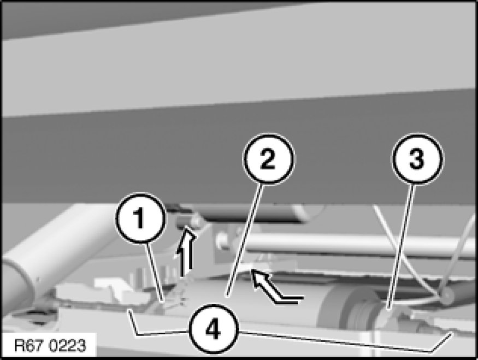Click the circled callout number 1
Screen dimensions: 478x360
pos(140,219)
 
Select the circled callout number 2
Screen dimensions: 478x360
pos(268,159)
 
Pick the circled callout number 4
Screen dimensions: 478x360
pos(213,329)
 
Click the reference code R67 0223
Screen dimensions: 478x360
pos(50,346)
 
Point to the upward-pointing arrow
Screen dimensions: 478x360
pos(186,253)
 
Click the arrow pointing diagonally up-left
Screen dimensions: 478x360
pos(274,287)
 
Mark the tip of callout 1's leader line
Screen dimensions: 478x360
pos(163,302)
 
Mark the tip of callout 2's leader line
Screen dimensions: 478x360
pos(227,296)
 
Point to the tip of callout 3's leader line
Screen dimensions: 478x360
pos(387,309)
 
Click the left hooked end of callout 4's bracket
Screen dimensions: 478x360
pos(129,310)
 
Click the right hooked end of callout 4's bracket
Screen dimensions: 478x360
pos(451,333)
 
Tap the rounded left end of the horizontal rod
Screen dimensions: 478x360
pos(222,239)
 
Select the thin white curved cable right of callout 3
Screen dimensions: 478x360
pos(405,253)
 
